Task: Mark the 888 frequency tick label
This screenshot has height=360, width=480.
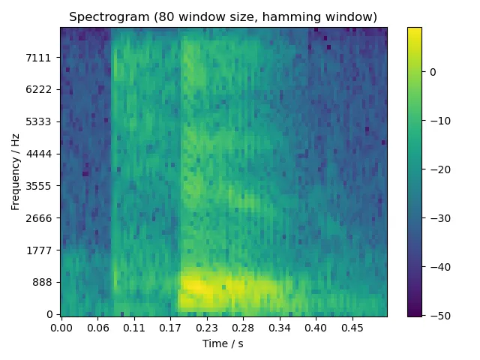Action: (44, 283)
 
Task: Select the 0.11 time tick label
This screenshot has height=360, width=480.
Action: (133, 328)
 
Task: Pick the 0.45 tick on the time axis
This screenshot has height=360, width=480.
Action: (352, 328)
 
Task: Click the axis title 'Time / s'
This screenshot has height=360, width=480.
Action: (223, 343)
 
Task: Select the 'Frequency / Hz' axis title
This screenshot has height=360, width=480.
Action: (16, 171)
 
